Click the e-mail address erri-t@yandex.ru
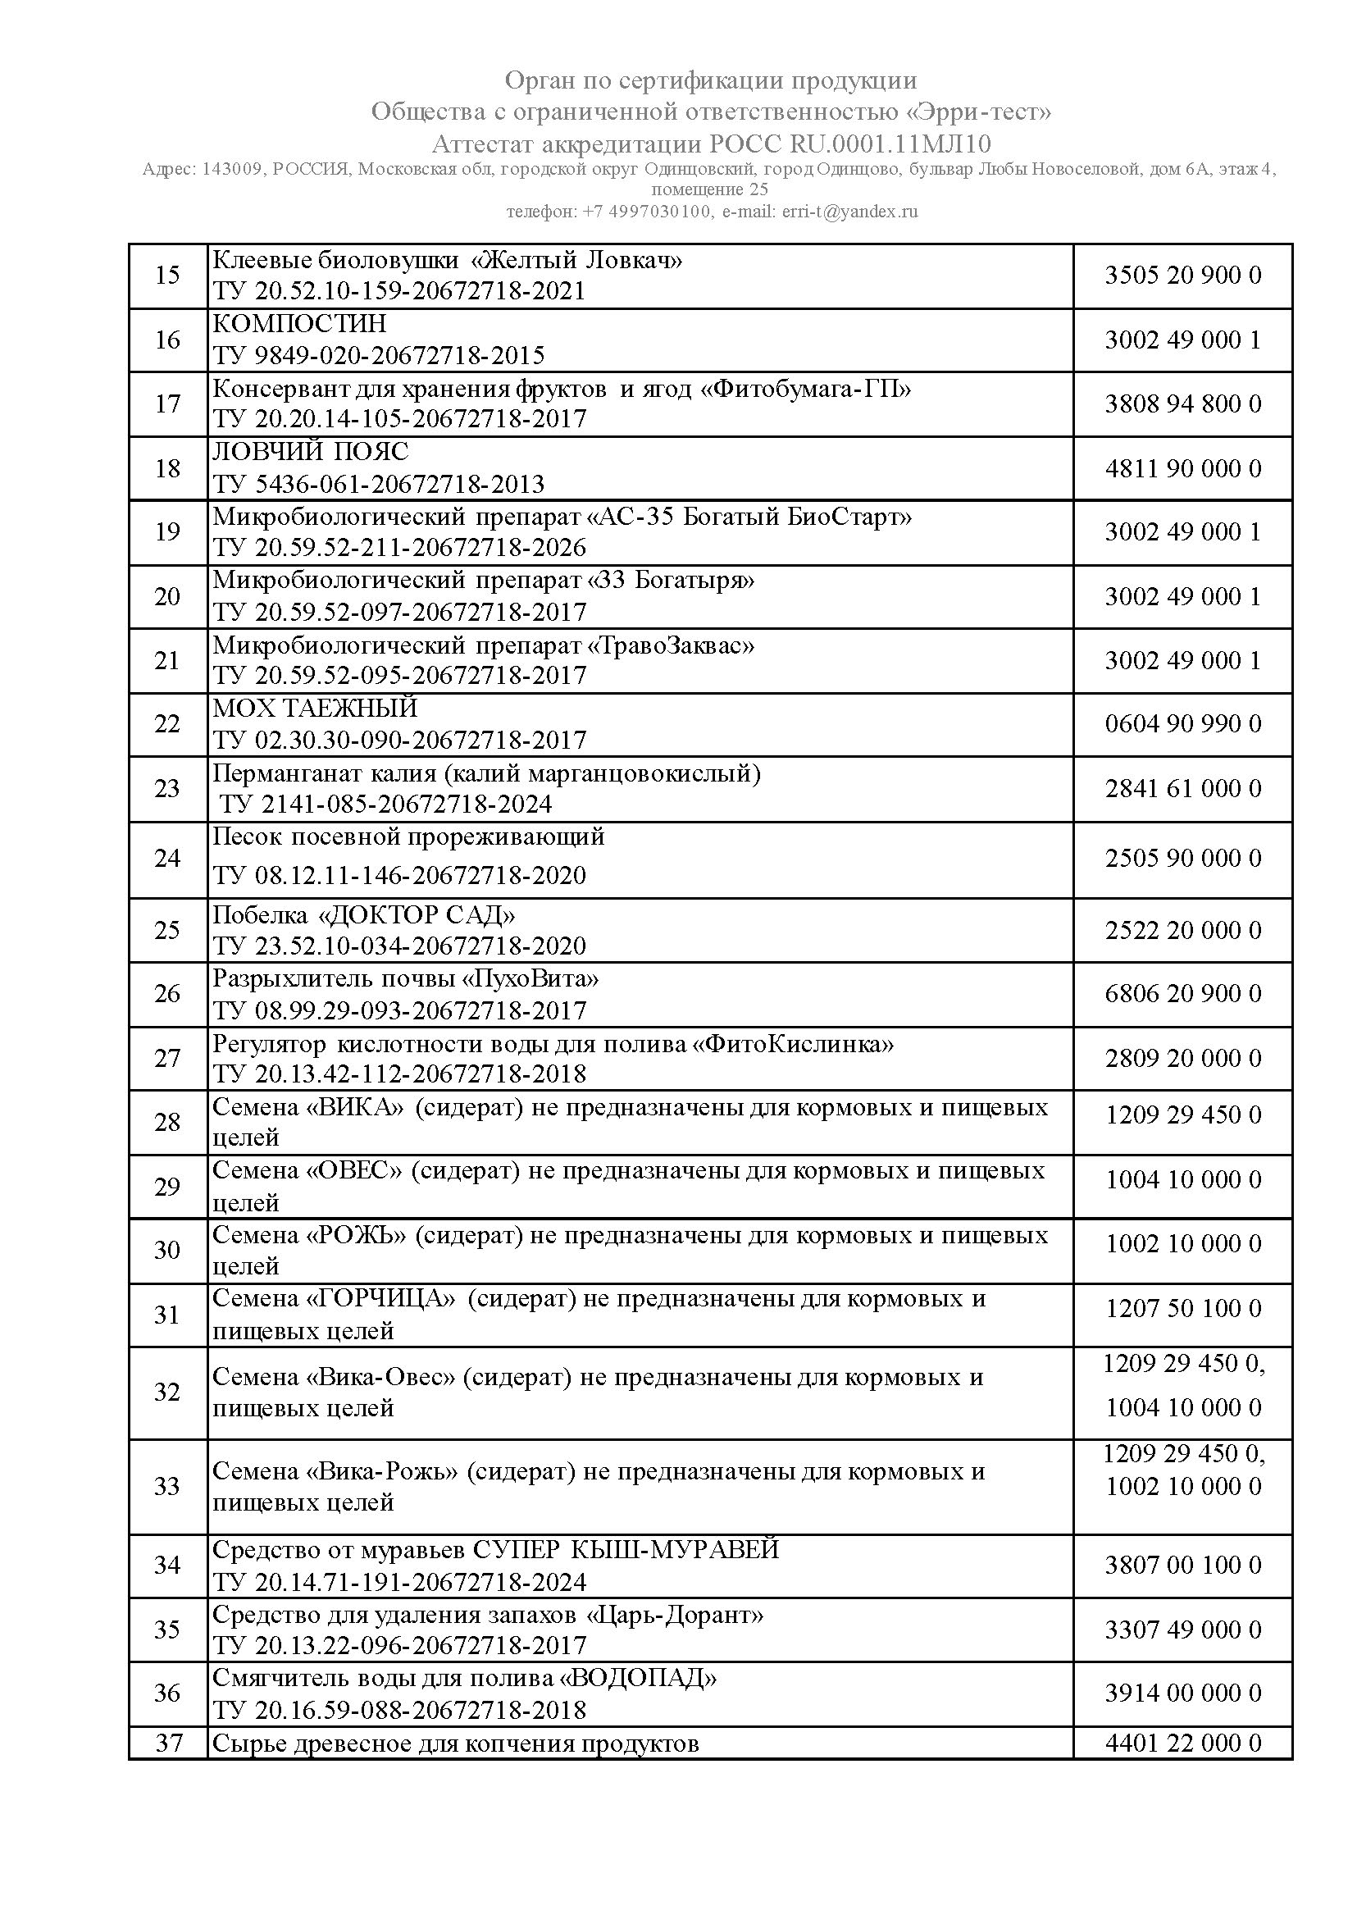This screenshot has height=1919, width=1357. click(x=849, y=212)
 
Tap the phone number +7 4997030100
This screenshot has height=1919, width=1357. click(x=646, y=212)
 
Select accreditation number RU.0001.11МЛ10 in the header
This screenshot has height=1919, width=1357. click(x=890, y=144)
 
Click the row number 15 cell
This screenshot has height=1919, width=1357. click(x=168, y=275)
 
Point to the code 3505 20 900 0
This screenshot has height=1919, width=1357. click(x=1182, y=275)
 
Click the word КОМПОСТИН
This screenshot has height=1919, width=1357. click(x=299, y=323)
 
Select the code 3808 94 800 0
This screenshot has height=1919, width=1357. click(x=1182, y=403)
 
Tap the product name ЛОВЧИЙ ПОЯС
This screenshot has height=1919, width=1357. click(x=310, y=452)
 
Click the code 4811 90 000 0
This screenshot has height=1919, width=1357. click(x=1182, y=468)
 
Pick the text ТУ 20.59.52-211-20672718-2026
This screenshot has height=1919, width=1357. click(x=399, y=548)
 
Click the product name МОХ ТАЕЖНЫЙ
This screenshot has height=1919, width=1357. click(x=314, y=709)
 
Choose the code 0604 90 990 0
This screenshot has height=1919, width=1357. click(x=1182, y=724)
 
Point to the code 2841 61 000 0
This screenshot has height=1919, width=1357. click(x=1182, y=788)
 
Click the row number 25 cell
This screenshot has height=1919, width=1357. click(x=168, y=929)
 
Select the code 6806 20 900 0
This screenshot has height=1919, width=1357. click(x=1182, y=994)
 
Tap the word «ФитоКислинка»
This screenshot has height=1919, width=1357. click(x=797, y=1044)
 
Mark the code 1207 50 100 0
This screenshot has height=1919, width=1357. click(x=1182, y=1308)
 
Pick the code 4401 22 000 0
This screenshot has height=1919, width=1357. click(x=1182, y=1743)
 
